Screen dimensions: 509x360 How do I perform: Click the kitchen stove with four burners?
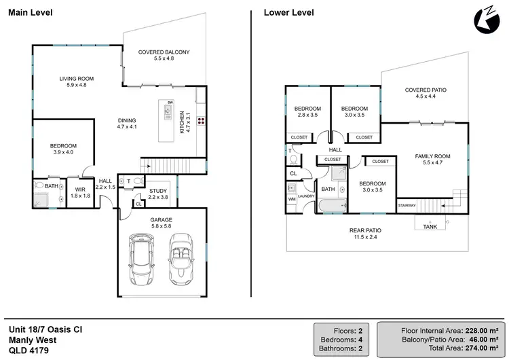pos(201,121)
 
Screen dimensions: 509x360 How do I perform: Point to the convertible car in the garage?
pos(181,259)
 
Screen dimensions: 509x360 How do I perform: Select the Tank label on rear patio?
pos(430,227)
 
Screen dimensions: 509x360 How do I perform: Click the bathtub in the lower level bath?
pos(332,205)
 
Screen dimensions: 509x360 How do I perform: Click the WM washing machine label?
pos(292,199)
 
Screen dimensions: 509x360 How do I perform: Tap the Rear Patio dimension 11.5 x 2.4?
pos(365,237)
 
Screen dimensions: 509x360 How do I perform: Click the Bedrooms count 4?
pos(360,340)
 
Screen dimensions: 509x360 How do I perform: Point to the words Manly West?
pos(33,340)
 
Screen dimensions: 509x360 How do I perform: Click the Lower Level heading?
pos(288,13)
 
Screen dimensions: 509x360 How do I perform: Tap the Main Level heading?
pos(30,13)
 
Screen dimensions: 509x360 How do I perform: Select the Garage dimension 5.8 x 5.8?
pos(162,226)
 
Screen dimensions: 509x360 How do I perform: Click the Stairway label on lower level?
pos(407,205)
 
